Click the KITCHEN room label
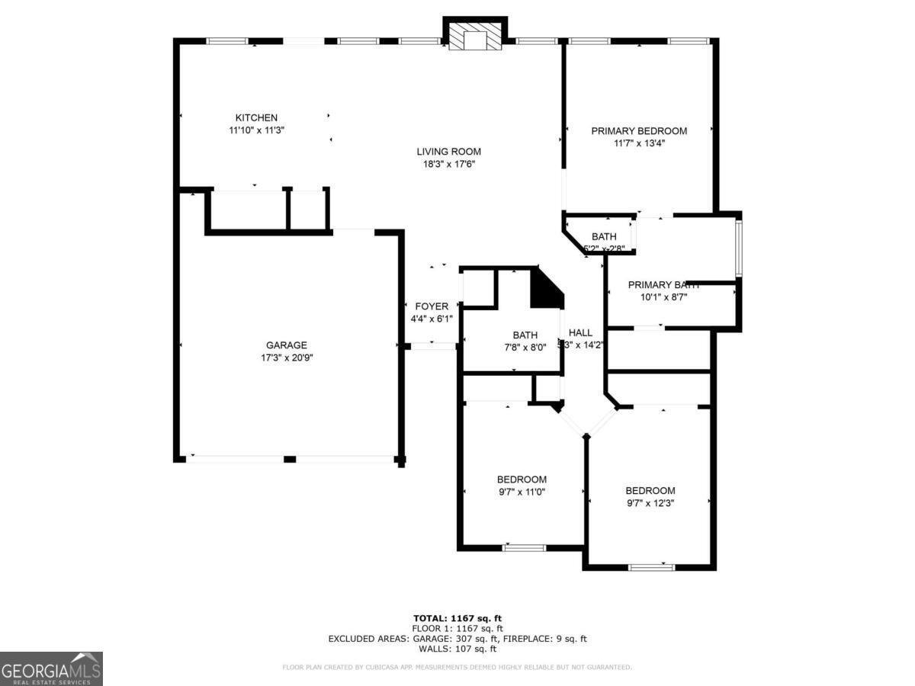pyautogui.click(x=256, y=117)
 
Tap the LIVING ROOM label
pyautogui.click(x=448, y=152)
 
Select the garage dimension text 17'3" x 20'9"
pyautogui.click(x=287, y=357)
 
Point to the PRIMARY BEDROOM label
pyautogui.click(x=639, y=131)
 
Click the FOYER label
pyautogui.click(x=432, y=306)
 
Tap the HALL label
pyautogui.click(x=580, y=332)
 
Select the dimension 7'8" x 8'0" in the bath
pyautogui.click(x=525, y=348)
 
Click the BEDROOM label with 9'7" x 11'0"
pyautogui.click(x=522, y=479)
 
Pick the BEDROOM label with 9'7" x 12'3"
pyautogui.click(x=650, y=491)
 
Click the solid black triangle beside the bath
pyautogui.click(x=545, y=290)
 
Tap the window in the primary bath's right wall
pyautogui.click(x=737, y=248)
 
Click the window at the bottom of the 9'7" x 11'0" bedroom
pyautogui.click(x=524, y=547)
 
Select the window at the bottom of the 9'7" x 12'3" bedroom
pyautogui.click(x=651, y=566)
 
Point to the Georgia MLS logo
pyautogui.click(x=51, y=668)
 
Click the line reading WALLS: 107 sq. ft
pyautogui.click(x=457, y=649)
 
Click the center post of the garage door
pyautogui.click(x=289, y=459)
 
